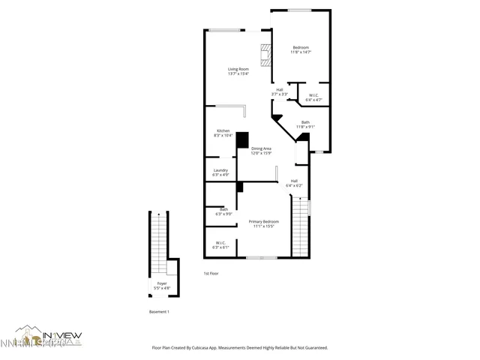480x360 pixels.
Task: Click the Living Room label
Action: pos(238,71)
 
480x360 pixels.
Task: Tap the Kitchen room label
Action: pos(223,133)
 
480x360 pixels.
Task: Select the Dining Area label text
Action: pos(262,151)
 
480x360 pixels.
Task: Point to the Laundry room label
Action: pos(220,172)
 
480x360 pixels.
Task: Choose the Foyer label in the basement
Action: pos(162,285)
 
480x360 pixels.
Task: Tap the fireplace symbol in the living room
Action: pos(265,55)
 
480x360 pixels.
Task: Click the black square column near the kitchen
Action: pos(242,139)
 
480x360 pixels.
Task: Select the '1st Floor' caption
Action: pos(211,274)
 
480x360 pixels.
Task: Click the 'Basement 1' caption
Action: pos(158,311)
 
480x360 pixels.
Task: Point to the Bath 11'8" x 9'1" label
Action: pos(305,124)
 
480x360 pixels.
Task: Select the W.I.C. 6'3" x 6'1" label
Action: pos(220,244)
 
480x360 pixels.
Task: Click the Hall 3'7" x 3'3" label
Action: pos(279,91)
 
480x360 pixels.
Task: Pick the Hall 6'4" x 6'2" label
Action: pos(295,183)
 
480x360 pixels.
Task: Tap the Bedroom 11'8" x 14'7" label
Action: pos(301,49)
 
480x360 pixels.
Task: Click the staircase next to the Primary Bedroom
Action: pos(299,226)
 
